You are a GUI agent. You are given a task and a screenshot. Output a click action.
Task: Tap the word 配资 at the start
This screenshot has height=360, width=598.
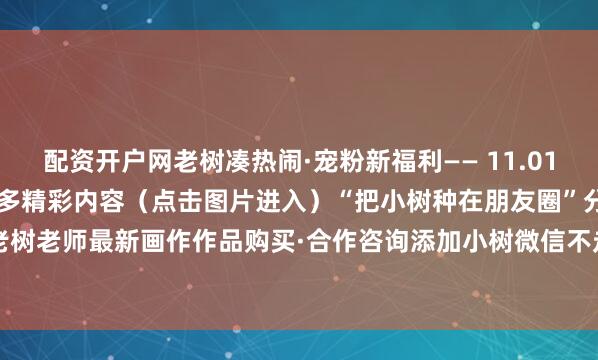pyautogui.click(x=65, y=159)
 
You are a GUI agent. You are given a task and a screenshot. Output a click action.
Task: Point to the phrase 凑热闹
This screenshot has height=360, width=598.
pyautogui.click(x=231, y=159)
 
